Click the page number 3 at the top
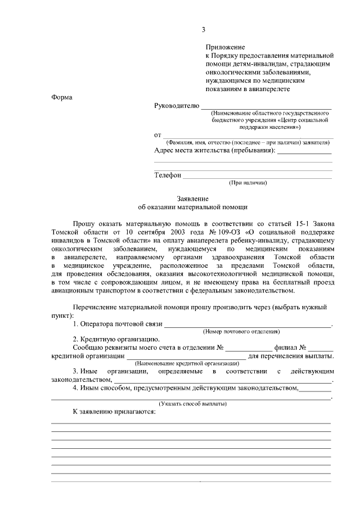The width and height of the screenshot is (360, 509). click(204, 30)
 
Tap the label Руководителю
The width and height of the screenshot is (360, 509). click(176, 106)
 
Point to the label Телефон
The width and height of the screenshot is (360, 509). click(168, 175)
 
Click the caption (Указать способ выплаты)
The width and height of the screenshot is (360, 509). click(193, 404)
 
